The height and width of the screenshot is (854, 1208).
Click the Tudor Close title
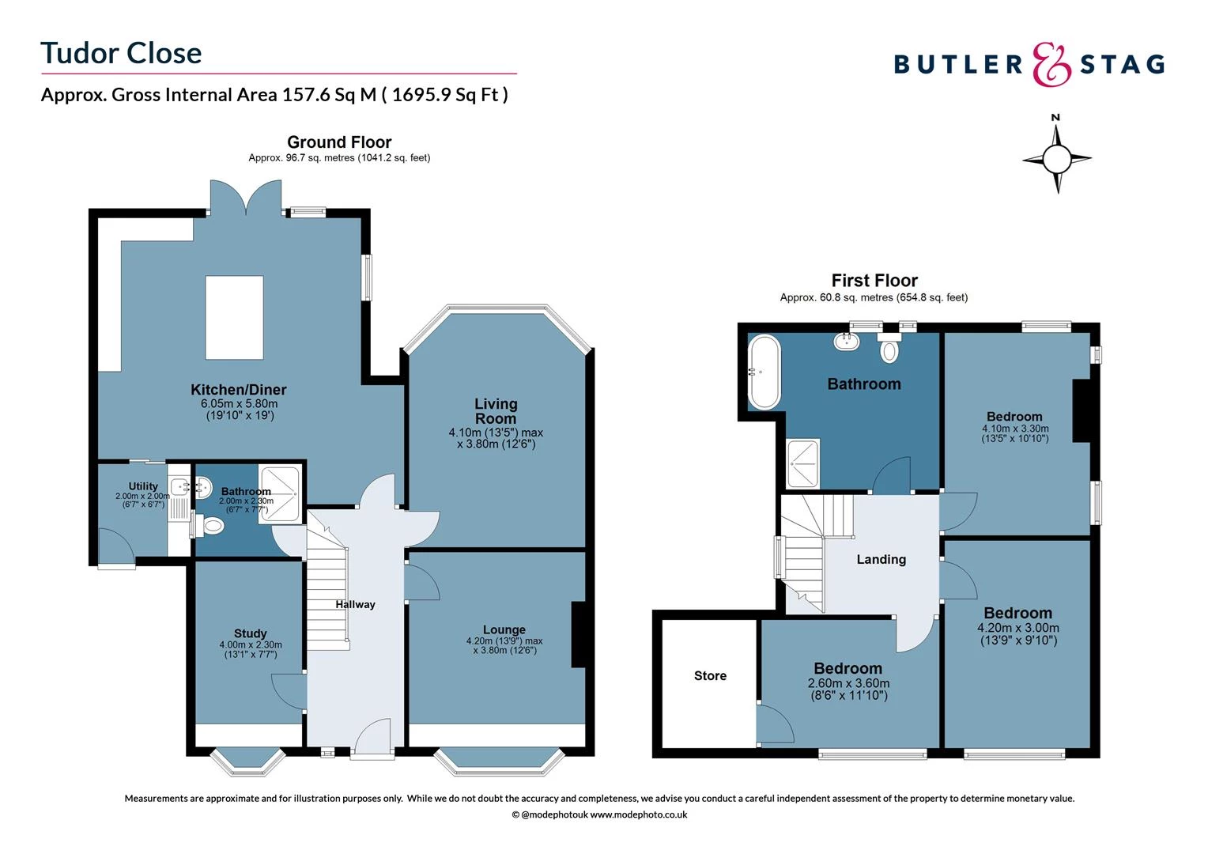(x=121, y=53)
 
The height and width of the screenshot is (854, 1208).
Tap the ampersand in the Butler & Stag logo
(x=1051, y=64)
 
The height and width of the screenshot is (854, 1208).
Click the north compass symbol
(x=1056, y=159)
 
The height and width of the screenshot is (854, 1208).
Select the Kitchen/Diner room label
(x=238, y=390)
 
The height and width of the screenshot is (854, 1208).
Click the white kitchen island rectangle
(x=234, y=318)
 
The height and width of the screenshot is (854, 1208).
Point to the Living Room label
(x=496, y=411)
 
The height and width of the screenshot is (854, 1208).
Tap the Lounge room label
(x=504, y=630)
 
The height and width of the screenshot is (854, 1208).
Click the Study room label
(x=250, y=633)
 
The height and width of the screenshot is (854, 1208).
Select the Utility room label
(x=143, y=486)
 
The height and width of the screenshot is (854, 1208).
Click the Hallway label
(x=355, y=605)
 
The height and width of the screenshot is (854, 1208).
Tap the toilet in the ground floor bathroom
(x=212, y=525)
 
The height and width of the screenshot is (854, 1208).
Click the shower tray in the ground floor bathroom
(x=280, y=493)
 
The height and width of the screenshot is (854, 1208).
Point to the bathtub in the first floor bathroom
(x=764, y=372)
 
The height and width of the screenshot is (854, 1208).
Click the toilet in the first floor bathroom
(x=889, y=350)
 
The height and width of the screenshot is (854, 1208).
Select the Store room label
(x=710, y=676)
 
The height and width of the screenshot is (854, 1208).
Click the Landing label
(x=881, y=560)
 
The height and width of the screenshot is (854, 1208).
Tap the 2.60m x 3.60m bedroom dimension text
(x=848, y=683)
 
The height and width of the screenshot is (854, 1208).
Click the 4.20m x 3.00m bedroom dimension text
(x=1017, y=629)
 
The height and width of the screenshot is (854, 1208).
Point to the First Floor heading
(x=874, y=281)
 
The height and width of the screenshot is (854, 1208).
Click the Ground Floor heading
(x=339, y=142)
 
